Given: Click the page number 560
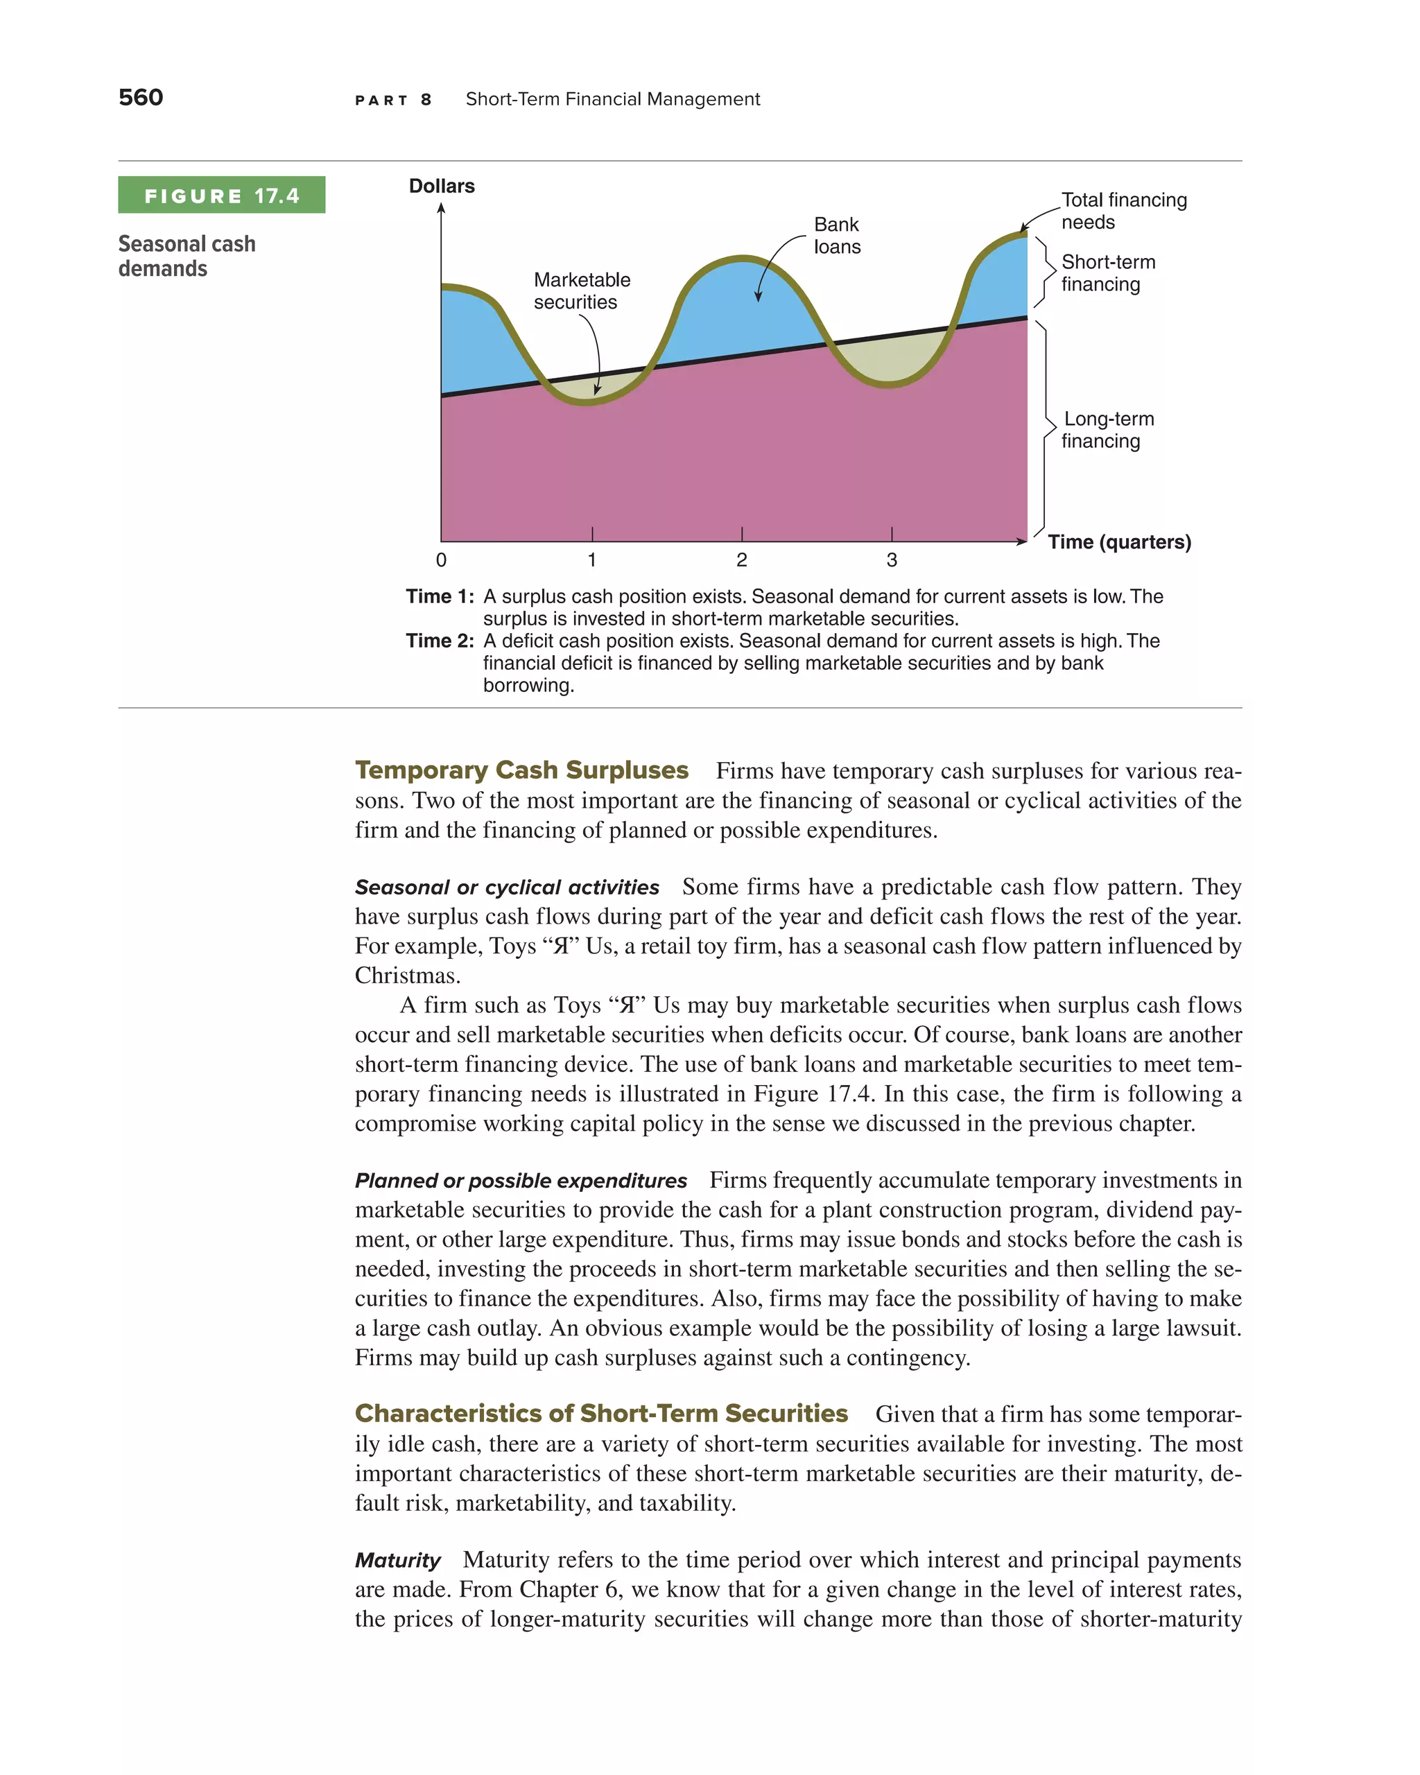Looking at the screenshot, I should coord(141,97).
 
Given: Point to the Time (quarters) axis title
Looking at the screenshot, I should coord(1118,542).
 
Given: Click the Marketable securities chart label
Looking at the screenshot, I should coord(581,291).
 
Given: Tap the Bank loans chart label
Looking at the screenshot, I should coord(836,236).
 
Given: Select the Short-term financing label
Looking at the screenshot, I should coord(1107,273).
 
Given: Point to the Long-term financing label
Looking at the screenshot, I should coord(1107,430).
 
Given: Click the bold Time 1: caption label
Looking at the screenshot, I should coord(440,596).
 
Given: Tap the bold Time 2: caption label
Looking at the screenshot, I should coord(440,641).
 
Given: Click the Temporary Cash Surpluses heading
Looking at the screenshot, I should coord(521,770).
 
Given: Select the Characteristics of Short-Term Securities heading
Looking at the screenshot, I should coord(601,1414).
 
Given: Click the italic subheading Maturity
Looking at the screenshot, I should coord(397,1560).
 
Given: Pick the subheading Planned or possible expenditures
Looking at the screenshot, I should coord(520,1181).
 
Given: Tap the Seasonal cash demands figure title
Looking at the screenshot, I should coord(187,256).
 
